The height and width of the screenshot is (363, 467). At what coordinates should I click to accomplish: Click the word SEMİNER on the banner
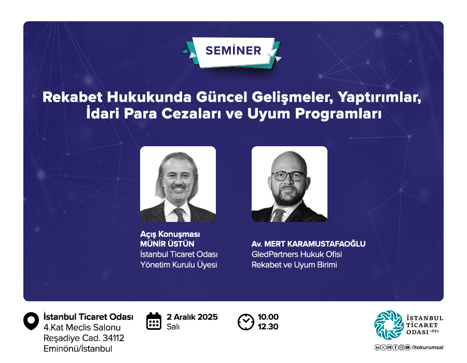point(233,51)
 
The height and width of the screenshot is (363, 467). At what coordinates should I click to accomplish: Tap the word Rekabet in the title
point(72,97)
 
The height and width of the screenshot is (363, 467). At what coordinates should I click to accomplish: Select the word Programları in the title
point(338,114)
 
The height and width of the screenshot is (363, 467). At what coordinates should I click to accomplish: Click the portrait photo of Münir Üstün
point(178,184)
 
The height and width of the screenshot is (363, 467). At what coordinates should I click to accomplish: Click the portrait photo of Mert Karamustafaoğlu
point(290,184)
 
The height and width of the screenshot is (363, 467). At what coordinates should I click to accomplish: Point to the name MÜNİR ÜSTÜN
point(167,244)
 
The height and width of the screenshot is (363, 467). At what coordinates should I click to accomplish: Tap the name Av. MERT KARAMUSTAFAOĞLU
point(308,244)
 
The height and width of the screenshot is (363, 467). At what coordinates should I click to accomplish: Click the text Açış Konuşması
point(170,234)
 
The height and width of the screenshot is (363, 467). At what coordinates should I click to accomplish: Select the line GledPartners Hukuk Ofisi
point(297,255)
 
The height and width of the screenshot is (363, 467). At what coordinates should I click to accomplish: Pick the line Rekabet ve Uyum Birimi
point(294,265)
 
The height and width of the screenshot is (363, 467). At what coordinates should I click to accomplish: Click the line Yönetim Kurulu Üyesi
point(178,265)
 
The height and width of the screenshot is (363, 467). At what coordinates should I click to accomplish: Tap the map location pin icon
point(31,321)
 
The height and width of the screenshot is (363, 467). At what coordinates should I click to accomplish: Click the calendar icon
point(154,322)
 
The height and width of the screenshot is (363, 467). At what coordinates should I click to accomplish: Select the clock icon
point(246,322)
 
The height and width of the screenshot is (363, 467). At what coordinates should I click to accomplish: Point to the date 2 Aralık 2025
point(192,317)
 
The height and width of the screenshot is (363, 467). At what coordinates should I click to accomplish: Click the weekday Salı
point(173,327)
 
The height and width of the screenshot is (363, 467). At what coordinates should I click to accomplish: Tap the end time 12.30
point(268,327)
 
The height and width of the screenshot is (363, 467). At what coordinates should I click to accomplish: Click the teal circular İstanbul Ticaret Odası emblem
point(389,325)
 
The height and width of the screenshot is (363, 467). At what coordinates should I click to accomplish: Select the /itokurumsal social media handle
point(428,347)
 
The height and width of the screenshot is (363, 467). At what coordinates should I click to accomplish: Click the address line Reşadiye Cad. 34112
point(84,338)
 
